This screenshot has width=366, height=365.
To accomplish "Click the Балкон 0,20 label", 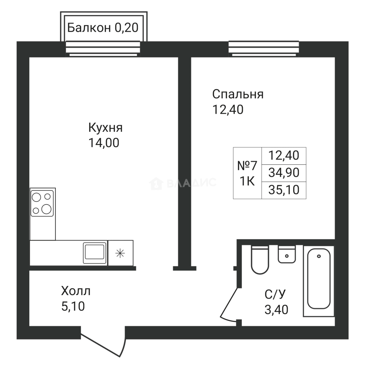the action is tap(103, 28).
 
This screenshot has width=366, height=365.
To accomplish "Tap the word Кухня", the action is tap(105, 128).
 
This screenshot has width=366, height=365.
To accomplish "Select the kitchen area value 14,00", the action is tap(104, 143).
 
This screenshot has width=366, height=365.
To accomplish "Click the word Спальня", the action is tap(238, 94).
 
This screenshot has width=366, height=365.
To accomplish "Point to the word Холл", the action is tap(76, 291).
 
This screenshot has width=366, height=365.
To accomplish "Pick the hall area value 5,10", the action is tap(73, 306).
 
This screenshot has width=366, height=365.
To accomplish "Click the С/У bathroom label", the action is tap(275, 294).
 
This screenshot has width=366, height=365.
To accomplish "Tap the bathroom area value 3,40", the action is tap(277, 310).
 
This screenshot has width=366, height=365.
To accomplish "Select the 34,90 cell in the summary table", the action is tap(284, 173).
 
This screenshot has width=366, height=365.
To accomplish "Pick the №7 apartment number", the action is tap(247, 166).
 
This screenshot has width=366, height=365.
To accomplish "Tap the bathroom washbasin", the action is tap(287, 254).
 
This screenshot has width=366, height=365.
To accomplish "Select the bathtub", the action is tap(319, 281).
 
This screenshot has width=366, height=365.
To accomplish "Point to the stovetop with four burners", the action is tap(42, 203).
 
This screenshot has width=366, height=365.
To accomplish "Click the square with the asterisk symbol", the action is tap(121, 253).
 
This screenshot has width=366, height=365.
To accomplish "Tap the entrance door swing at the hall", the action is tap(103, 341).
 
